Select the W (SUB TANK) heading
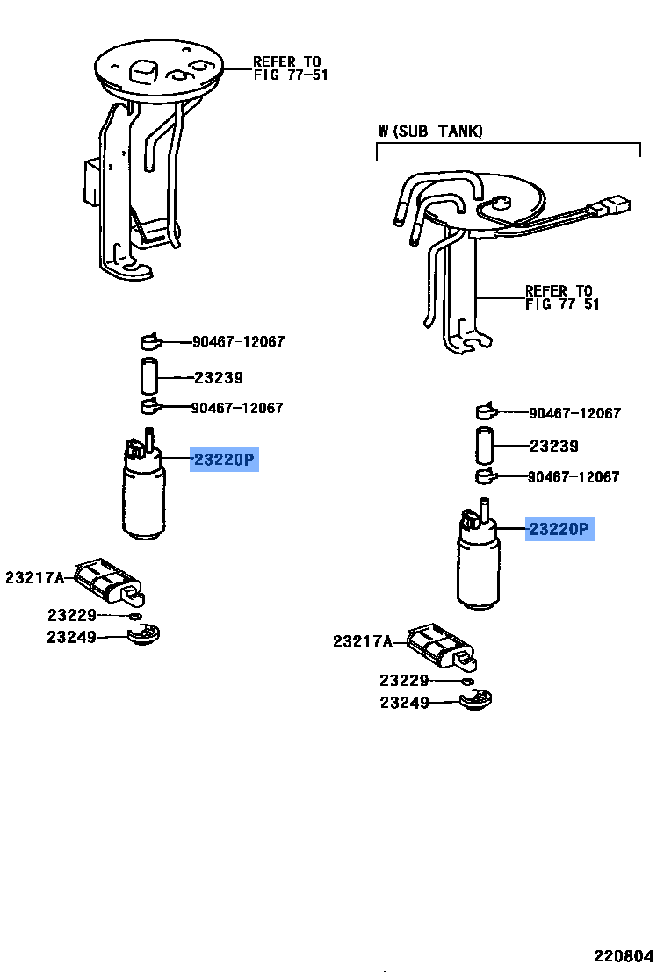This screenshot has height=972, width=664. (430, 132)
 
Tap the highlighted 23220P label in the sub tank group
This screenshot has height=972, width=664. (559, 529)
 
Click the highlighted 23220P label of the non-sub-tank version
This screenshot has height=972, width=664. (225, 460)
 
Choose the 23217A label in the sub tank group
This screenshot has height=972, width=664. (362, 642)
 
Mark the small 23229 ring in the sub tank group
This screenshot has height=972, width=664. (467, 681)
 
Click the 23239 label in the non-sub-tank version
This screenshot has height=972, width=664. (218, 378)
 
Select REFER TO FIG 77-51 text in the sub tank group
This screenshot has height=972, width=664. (562, 297)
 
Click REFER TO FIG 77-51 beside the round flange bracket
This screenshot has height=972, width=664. (290, 68)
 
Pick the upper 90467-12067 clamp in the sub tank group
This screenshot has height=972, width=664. (486, 411)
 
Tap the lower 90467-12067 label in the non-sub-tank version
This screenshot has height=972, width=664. (237, 408)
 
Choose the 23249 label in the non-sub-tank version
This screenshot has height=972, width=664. (71, 637)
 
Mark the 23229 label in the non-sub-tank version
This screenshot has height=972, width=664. (71, 616)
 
